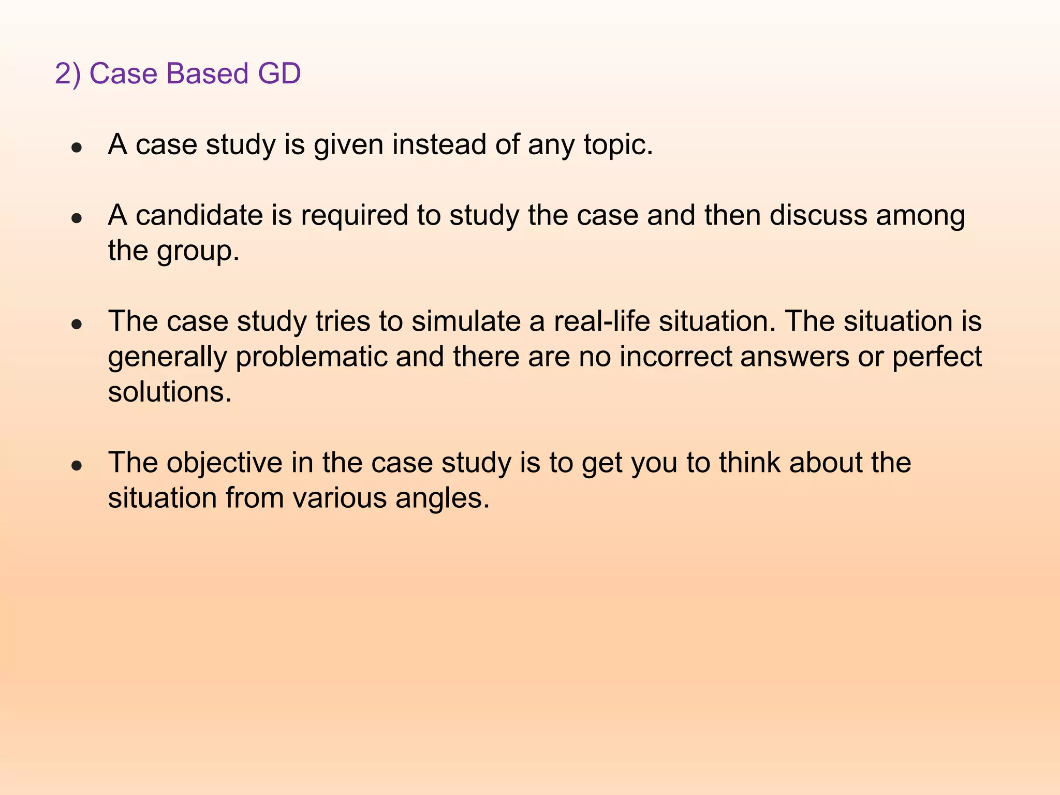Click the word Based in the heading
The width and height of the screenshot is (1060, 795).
[x=207, y=73]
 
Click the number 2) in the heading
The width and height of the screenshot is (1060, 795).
[x=68, y=73]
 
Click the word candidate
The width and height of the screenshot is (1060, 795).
[x=199, y=215]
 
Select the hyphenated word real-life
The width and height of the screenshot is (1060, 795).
[x=601, y=321]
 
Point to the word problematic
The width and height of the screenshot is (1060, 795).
[x=312, y=357]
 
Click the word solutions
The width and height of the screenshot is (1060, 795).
[x=169, y=392]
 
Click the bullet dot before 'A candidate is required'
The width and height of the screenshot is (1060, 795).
[x=77, y=218]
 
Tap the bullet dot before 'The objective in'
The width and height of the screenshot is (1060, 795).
[x=77, y=466]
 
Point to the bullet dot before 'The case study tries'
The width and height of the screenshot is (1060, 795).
[x=77, y=325]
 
